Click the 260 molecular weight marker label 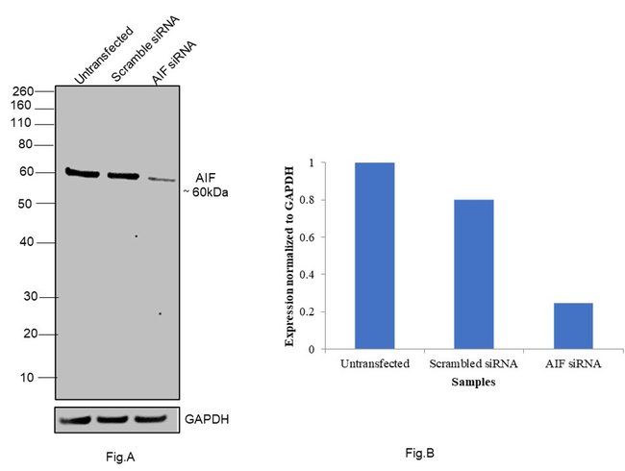22,91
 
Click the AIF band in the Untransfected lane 83,173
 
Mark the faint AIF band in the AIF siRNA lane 162,179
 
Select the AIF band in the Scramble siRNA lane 122,176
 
